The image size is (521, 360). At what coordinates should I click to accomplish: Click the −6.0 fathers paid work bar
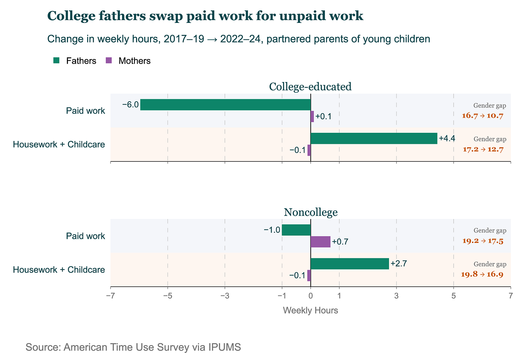pos(225,104)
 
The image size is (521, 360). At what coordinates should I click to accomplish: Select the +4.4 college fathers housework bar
pos(374,138)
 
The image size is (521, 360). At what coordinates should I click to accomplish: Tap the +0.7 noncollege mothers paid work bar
pos(321,242)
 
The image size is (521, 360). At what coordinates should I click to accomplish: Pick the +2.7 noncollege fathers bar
pos(350,264)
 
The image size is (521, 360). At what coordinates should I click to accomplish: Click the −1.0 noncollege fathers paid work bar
pos(296,230)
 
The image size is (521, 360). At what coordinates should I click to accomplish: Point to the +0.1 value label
pos(323,116)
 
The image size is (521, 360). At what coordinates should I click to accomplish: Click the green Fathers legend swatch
pos(56,61)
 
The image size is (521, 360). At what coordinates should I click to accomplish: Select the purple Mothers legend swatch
pos(109,61)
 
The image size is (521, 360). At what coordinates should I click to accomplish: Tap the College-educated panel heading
pos(310,87)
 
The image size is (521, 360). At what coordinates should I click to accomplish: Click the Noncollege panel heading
pos(311,212)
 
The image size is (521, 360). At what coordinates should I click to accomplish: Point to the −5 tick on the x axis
pos(168,296)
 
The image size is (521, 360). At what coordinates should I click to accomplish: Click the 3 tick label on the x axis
pos(396,296)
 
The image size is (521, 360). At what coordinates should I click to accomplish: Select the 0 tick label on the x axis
pos(311,296)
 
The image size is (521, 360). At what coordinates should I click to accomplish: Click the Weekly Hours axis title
pos(311,311)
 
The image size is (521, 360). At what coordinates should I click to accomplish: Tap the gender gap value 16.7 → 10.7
pos(483,116)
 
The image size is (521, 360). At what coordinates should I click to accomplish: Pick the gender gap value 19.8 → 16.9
pos(482,274)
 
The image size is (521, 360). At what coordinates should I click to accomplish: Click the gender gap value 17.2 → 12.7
pos(483,149)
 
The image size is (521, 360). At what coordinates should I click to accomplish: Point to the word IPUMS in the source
pos(225,347)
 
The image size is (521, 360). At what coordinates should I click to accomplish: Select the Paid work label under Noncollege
pos(86,236)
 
